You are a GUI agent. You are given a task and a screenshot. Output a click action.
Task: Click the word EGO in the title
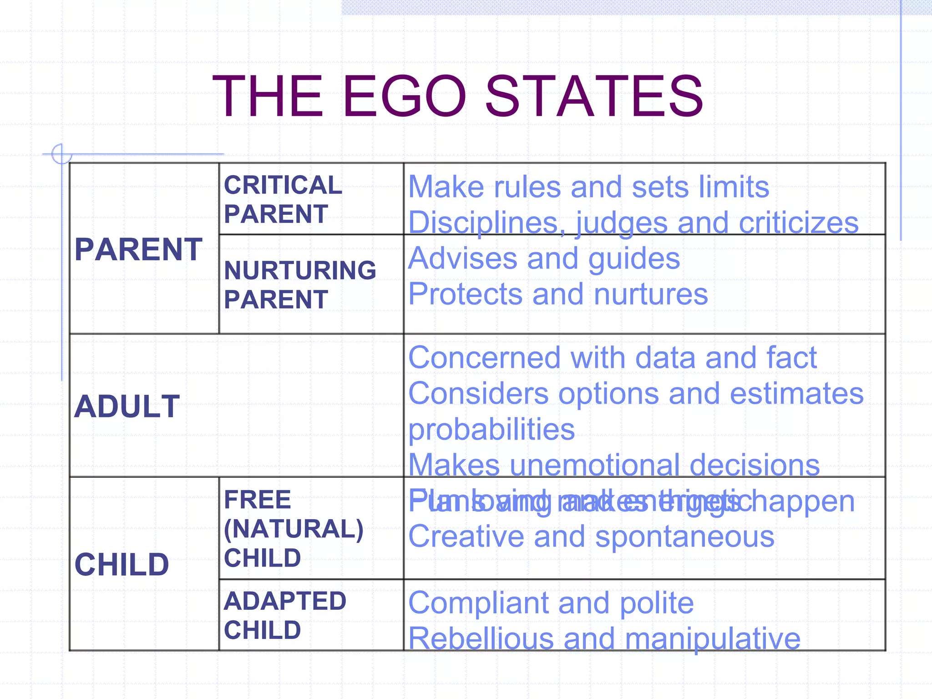pyautogui.click(x=404, y=96)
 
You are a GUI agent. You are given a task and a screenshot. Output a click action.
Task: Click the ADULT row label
pyautogui.click(x=127, y=406)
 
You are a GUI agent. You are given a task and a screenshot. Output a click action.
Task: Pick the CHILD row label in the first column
pyautogui.click(x=122, y=564)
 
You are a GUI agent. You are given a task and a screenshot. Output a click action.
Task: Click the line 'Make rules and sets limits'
pyautogui.click(x=588, y=187)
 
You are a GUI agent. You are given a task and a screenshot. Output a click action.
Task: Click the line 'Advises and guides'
pyautogui.click(x=544, y=258)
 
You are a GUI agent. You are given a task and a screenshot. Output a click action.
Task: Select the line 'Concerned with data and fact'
pyautogui.click(x=613, y=357)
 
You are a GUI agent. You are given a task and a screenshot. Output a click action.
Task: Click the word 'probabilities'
pyautogui.click(x=491, y=429)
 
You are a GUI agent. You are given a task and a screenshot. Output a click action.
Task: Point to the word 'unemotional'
pyautogui.click(x=594, y=465)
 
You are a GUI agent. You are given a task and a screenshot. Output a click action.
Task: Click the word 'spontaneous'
pyautogui.click(x=684, y=537)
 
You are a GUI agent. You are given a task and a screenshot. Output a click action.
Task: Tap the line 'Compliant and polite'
pyautogui.click(x=551, y=603)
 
